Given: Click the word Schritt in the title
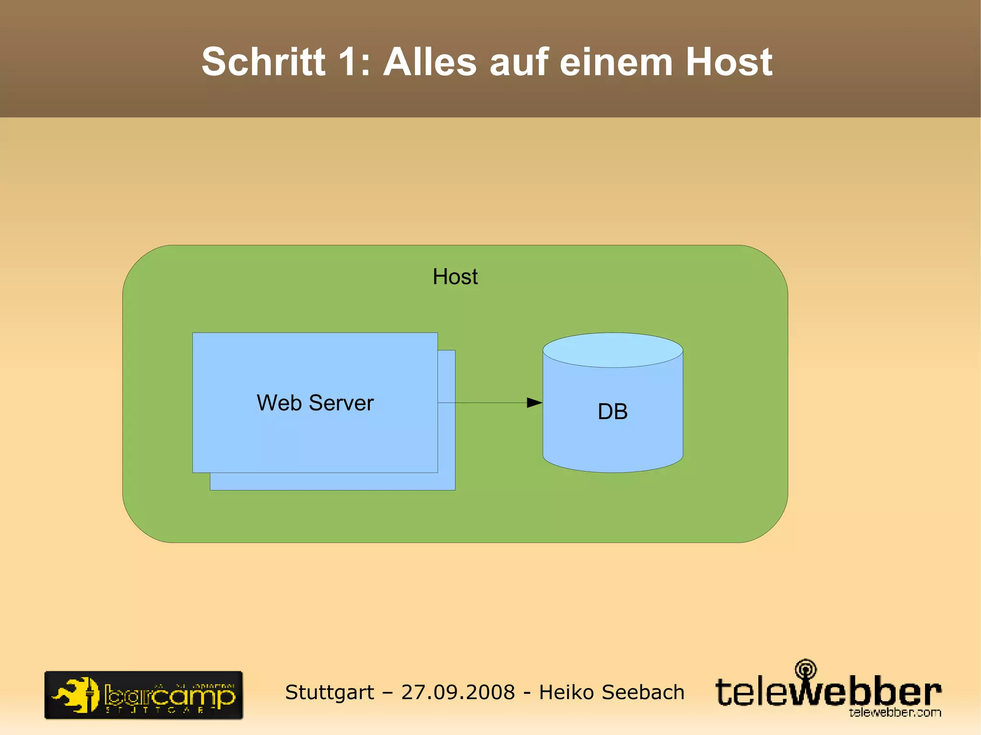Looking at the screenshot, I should [x=263, y=62].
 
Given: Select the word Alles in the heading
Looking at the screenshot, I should [x=430, y=62].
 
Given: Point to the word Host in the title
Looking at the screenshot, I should [x=729, y=62].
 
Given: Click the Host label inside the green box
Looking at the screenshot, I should [x=455, y=277].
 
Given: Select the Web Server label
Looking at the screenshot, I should [x=315, y=403].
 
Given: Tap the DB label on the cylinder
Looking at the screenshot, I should [x=613, y=412].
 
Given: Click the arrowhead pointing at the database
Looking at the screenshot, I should [x=534, y=403].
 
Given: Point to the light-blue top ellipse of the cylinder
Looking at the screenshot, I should [x=613, y=350].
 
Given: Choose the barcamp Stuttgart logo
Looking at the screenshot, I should [x=144, y=695].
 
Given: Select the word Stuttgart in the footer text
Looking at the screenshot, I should [x=330, y=692].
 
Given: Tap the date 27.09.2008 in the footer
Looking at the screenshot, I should [x=458, y=692].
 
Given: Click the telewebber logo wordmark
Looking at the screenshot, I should [x=827, y=692].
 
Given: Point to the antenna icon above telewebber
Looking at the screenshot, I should [x=806, y=668].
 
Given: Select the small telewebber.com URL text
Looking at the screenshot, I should [x=895, y=712].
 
